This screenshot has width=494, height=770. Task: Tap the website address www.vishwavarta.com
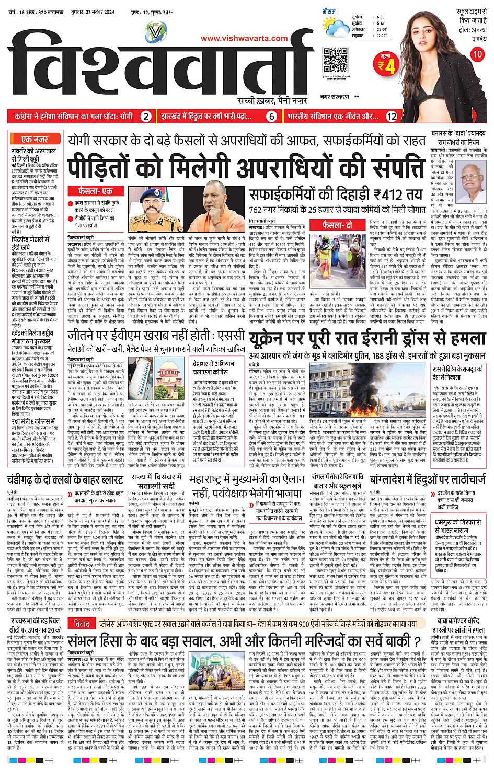(x=244, y=38)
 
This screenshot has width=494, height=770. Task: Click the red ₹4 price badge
(x=387, y=65)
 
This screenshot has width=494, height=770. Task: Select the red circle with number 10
(x=477, y=54)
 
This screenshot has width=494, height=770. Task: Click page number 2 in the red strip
(x=146, y=117)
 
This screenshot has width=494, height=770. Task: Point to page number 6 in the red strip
(x=272, y=117)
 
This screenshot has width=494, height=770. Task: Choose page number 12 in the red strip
(x=392, y=117)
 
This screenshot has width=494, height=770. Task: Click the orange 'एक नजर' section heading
(x=35, y=140)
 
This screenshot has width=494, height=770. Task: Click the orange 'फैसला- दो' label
(x=337, y=225)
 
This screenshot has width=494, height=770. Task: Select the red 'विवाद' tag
(x=82, y=624)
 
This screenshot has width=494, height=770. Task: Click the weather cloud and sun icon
(x=335, y=26)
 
